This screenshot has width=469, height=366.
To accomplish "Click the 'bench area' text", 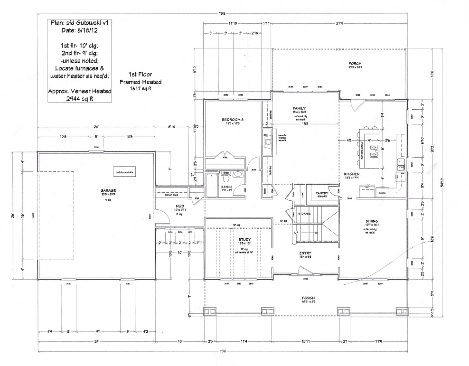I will click(x=171, y=195).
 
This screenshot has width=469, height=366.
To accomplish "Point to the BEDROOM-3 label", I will click(x=233, y=120).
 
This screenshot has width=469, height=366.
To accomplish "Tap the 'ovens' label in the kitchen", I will click(x=381, y=193).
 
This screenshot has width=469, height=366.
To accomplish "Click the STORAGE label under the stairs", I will click(x=304, y=214).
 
